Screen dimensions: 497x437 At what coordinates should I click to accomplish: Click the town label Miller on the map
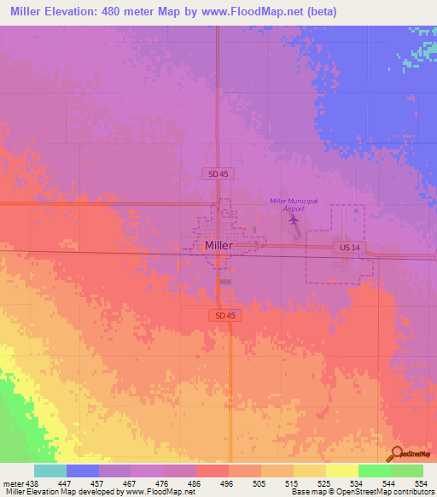218,245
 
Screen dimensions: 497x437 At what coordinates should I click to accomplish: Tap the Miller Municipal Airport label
294,204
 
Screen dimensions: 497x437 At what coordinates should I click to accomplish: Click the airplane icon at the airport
294,220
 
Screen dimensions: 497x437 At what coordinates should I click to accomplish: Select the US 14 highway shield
344,247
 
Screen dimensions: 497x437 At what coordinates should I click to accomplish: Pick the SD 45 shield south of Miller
220,315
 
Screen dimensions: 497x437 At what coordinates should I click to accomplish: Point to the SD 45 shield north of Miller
219,173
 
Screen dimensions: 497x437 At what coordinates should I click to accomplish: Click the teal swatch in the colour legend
50,471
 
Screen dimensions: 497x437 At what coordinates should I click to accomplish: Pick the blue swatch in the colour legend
82,471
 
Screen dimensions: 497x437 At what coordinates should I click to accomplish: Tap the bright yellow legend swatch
341,471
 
